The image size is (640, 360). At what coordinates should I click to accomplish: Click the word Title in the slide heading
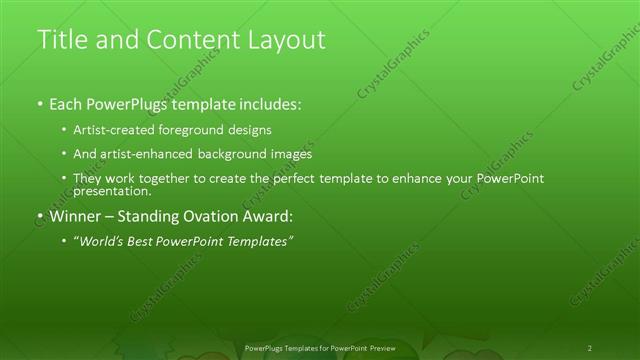pyautogui.click(x=61, y=40)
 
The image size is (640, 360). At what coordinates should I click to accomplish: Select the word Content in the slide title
pyautogui.click(x=183, y=40)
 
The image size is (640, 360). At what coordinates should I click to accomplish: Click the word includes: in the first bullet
pyautogui.click(x=265, y=103)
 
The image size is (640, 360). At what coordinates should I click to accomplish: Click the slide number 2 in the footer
pyautogui.click(x=590, y=348)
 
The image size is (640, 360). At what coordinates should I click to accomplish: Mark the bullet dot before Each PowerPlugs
pyautogui.click(x=40, y=104)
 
